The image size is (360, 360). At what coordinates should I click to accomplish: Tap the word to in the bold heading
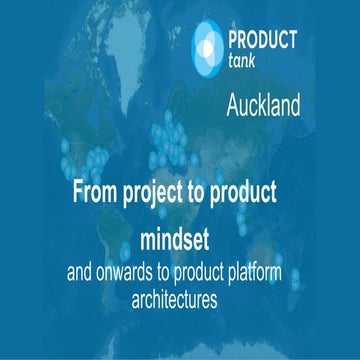point(210,193)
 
